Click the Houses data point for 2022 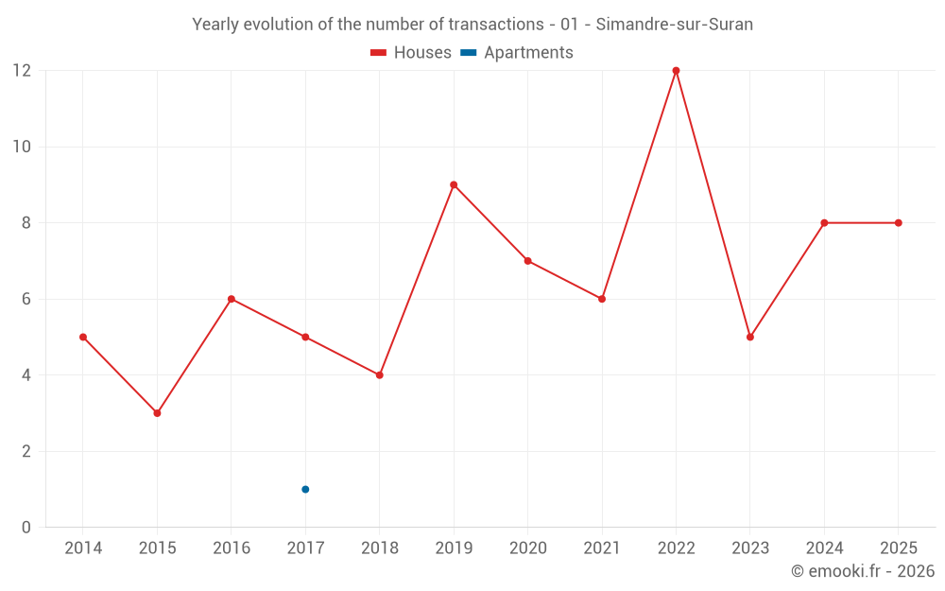pos(676,71)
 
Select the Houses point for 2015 pos(157,413)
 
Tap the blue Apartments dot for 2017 pos(305,489)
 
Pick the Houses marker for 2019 pos(454,185)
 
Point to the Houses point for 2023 pos(750,337)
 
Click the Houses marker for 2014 pos(83,337)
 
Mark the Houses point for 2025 pos(898,223)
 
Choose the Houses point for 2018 pos(380,375)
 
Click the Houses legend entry pos(411,53)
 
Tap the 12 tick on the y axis pos(21,71)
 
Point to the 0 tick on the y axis pos(26,528)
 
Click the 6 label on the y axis pos(26,299)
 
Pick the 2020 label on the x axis pos(527,548)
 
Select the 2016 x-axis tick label pos(232,548)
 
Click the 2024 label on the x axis pos(824,548)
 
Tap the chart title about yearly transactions pos(472,25)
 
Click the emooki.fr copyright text pos(863,571)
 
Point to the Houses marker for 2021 pos(602,299)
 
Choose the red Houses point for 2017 pos(305,337)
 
